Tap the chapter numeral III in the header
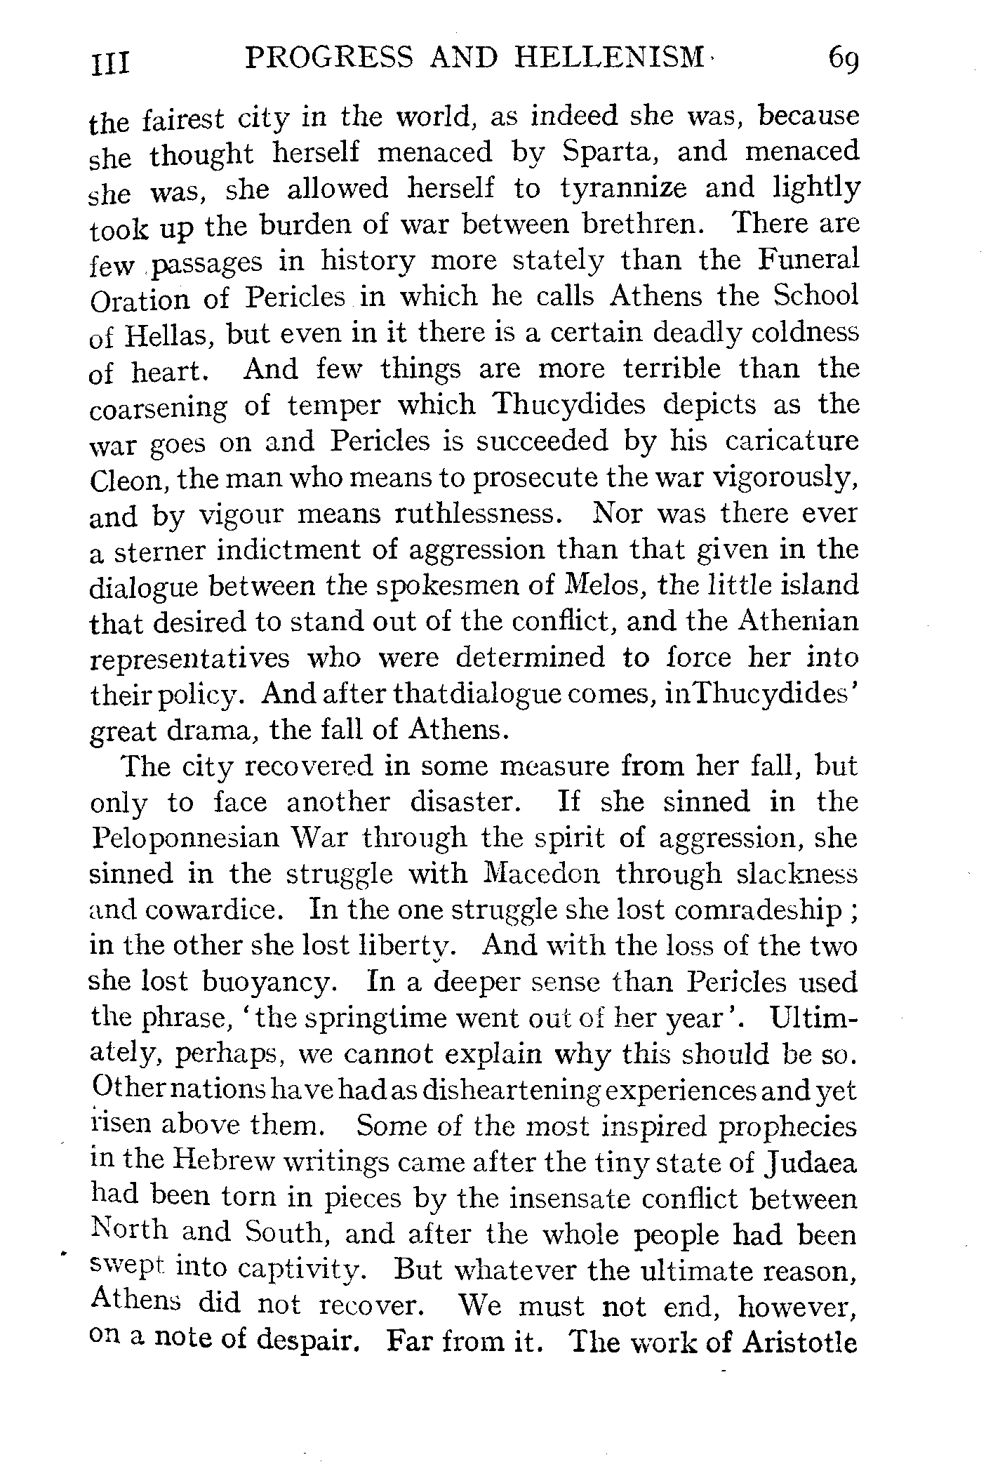tap(110, 62)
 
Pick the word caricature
tap(792, 441)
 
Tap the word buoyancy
tap(265, 982)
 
